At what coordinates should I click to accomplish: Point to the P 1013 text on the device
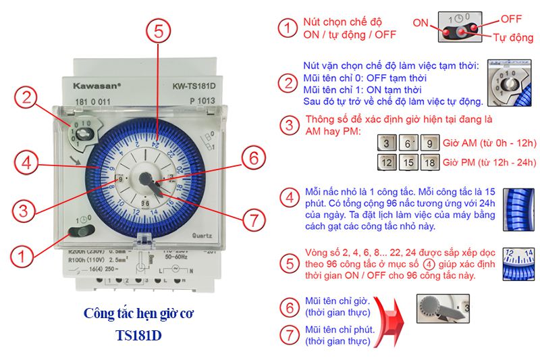[202, 101]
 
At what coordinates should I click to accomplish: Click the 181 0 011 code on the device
[88, 101]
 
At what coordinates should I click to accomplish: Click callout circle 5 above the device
[158, 32]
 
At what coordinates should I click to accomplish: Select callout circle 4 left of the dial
[25, 163]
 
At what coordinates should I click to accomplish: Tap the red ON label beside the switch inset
[421, 22]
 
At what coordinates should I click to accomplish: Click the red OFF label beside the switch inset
[511, 18]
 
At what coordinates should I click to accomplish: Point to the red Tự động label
[514, 37]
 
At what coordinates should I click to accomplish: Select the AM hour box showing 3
[386, 143]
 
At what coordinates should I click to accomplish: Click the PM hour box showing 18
[429, 163]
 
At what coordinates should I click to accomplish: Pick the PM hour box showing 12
[386, 163]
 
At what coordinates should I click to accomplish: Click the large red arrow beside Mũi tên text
[391, 320]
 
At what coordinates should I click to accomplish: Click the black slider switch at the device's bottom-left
[82, 232]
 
